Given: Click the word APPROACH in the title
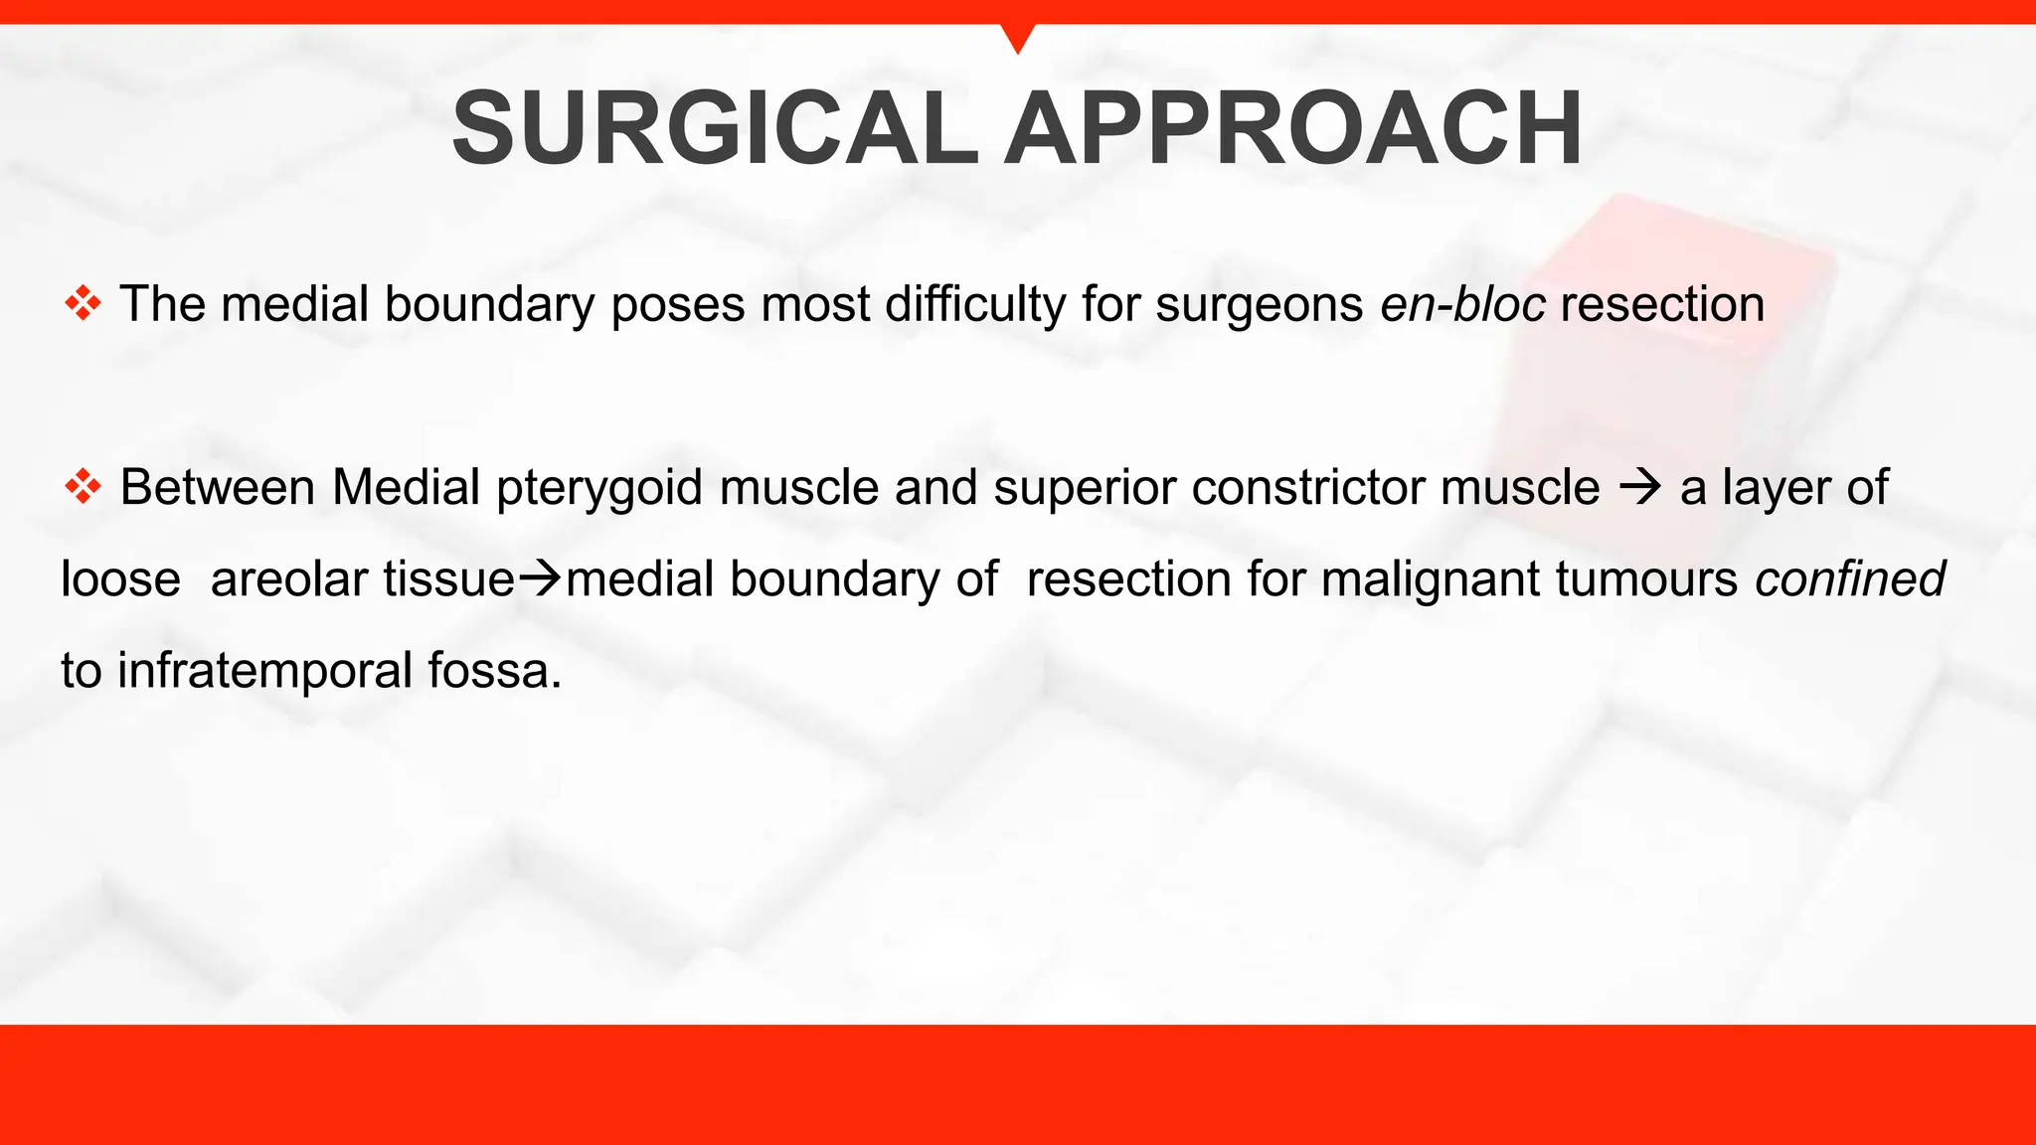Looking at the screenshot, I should coord(1293,129).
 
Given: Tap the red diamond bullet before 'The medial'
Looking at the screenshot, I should coord(83,303).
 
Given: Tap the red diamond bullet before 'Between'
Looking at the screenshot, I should coord(83,487).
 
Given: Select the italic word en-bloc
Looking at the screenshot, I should coord(1462,303).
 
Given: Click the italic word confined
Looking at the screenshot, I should coord(1849,578).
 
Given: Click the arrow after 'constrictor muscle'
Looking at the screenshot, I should coord(1640,487).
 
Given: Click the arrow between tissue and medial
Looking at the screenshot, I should coord(541,578).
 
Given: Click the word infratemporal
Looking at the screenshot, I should coord(264,671).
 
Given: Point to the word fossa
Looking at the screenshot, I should coord(494,671).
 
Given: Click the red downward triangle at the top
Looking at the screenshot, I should coord(1018,36).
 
